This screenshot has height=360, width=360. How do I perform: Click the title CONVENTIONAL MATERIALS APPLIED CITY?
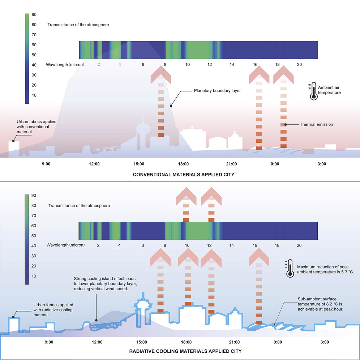pyautogui.click(x=184, y=175)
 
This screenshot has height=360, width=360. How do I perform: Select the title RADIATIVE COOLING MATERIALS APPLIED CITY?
pyautogui.click(x=185, y=351)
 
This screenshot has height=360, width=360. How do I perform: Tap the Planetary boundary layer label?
pyautogui.click(x=217, y=91)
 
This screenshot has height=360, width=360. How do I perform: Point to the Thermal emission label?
pyautogui.click(x=316, y=124)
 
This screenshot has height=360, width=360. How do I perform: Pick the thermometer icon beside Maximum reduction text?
pyautogui.click(x=290, y=269)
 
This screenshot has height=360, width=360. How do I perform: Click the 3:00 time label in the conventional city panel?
pyautogui.click(x=322, y=164)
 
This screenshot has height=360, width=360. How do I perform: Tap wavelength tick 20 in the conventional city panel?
pyautogui.click(x=299, y=64)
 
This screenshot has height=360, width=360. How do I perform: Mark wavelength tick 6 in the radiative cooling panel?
pyautogui.click(x=143, y=245)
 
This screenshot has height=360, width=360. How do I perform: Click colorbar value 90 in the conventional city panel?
pyautogui.click(x=34, y=15)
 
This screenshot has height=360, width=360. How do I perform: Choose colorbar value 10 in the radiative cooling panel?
pyautogui.click(x=34, y=276)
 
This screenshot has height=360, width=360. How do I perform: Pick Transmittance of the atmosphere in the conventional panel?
pyautogui.click(x=78, y=25)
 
